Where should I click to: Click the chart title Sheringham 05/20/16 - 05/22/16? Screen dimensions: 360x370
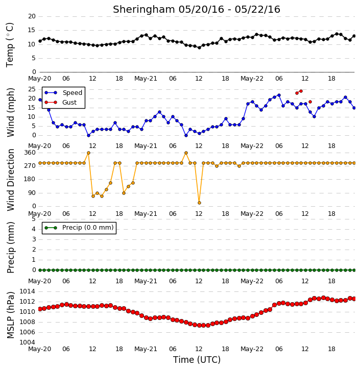(197, 9)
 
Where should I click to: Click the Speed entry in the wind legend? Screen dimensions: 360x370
(63, 92)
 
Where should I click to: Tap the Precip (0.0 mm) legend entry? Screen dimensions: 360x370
(79, 228)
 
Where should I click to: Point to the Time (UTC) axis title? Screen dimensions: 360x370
(197, 360)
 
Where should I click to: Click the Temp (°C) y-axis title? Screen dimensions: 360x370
(10, 45)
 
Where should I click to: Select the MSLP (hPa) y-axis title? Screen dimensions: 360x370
(10, 315)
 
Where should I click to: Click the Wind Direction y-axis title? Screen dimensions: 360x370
(10, 180)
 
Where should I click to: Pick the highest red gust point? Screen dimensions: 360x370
(301, 91)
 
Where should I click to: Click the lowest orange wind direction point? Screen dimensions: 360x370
(199, 203)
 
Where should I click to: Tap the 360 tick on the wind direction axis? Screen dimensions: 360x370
(30, 153)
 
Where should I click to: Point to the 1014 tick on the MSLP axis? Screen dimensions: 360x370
(27, 291)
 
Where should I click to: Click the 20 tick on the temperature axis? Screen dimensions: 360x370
(32, 16)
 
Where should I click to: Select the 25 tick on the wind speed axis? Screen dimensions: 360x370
(32, 89)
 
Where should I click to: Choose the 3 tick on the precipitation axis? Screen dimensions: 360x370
(34, 239)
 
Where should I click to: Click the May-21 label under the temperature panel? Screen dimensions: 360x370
(146, 79)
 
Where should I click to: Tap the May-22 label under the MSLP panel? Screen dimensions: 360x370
(252, 349)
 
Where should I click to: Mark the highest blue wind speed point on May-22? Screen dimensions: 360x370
(279, 95)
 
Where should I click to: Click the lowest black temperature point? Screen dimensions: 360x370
(199, 47)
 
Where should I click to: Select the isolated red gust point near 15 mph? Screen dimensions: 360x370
(310, 102)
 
